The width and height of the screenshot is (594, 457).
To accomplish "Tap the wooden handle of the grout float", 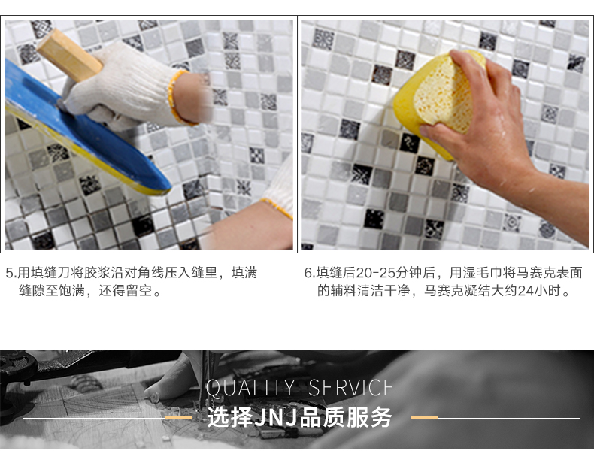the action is click(69, 56).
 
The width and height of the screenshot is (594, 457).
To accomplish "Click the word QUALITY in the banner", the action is click(250, 388).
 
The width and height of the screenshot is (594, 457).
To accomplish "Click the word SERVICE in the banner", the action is click(351, 388).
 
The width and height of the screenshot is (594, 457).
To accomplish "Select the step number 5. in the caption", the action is click(12, 273).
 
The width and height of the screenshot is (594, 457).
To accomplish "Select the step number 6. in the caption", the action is click(310, 273).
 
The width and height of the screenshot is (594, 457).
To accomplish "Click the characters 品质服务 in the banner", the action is click(345, 418).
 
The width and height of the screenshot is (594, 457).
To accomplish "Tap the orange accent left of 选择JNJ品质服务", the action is click(178, 418).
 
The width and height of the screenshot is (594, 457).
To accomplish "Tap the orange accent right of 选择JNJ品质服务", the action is click(425, 417).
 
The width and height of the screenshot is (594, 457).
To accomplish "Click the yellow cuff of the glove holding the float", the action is click(177, 97).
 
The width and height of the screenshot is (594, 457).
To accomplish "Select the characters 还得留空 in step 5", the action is click(125, 291).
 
